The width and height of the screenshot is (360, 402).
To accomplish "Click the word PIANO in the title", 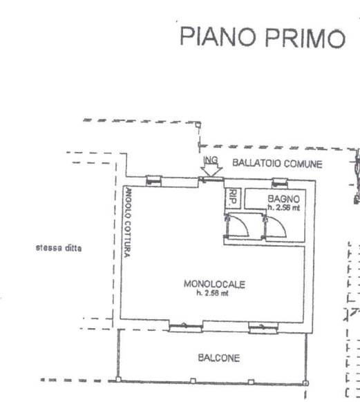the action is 218,37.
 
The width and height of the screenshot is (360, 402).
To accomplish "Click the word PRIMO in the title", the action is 305,39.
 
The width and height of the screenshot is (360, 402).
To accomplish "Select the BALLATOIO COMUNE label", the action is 277,164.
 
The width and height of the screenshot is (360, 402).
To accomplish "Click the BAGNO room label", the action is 283,199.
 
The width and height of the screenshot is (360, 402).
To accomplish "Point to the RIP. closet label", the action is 233,197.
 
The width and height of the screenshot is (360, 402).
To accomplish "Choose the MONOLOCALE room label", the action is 214,284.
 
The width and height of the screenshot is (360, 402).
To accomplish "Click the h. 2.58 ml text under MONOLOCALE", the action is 212,293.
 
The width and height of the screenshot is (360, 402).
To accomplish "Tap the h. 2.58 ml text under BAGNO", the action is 283,207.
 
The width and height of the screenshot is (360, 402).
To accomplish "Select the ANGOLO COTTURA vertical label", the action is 128,222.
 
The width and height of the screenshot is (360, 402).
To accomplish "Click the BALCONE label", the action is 219,358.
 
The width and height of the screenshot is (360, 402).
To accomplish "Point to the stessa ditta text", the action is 59,248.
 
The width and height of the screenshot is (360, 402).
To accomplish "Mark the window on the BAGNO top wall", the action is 280,182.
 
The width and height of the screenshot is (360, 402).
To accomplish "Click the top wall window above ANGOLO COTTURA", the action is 154,180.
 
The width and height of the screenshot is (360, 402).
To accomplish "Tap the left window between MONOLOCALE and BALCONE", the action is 186,327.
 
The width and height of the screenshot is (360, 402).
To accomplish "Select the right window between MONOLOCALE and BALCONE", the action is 263,327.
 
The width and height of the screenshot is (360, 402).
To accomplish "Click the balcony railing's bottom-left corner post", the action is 118,379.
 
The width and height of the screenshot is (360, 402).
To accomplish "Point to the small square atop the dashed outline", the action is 198,125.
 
